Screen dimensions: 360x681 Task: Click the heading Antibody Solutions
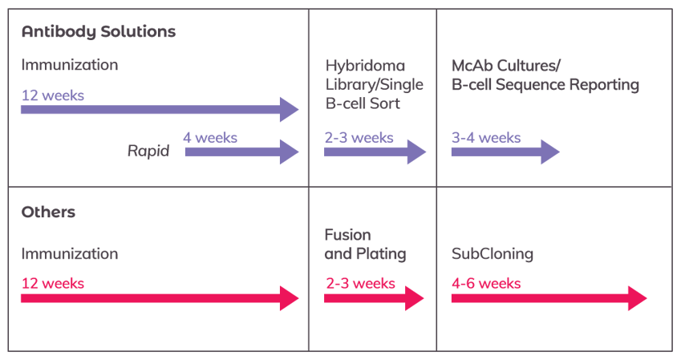[x=99, y=33]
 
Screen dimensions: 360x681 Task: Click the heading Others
[x=48, y=212]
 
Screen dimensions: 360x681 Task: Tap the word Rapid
[x=148, y=151]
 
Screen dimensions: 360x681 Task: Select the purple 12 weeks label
[x=53, y=95]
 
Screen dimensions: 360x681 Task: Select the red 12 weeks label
[x=53, y=283]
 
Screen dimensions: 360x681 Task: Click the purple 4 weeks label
[x=210, y=137]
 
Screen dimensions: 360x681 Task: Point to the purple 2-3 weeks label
[x=359, y=137]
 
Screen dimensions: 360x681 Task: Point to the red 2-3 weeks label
[x=360, y=283]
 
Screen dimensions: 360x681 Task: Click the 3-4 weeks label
[x=485, y=137]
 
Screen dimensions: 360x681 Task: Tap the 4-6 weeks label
[x=486, y=283]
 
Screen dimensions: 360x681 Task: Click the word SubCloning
[x=493, y=254]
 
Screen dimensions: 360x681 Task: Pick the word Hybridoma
[x=365, y=66]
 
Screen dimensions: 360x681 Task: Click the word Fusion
[x=347, y=235]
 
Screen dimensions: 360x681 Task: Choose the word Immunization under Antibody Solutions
[x=70, y=65]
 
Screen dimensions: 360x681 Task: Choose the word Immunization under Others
[x=70, y=254]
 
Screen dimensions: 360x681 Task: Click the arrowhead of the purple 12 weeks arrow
[x=290, y=109]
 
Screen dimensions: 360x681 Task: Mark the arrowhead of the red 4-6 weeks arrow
[x=637, y=297]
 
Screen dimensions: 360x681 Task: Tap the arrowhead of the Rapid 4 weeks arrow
[x=290, y=151]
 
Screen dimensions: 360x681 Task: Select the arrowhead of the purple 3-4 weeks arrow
[x=550, y=151]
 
